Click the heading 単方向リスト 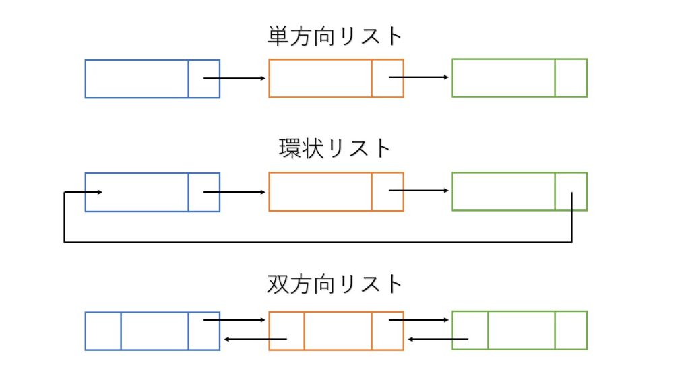(x=335, y=36)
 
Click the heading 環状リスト (x=335, y=148)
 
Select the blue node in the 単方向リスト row (x=137, y=78)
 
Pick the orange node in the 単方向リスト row (x=320, y=78)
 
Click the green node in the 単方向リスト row (x=503, y=78)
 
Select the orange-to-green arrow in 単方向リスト (x=418, y=77)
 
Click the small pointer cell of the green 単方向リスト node (x=571, y=78)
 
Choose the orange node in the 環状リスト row (x=320, y=192)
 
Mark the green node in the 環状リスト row (x=503, y=192)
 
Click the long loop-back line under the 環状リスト (x=317, y=242)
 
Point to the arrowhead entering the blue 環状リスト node (x=98, y=193)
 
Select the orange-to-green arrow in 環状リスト (x=418, y=191)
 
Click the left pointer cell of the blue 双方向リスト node (x=103, y=331)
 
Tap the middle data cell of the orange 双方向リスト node (x=338, y=331)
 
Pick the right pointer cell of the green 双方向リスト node (x=571, y=331)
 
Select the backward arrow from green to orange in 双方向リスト (x=439, y=339)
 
